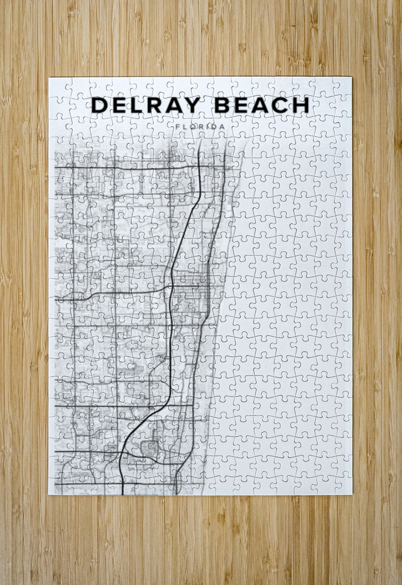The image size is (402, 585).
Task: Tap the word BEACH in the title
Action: pyautogui.click(x=262, y=105)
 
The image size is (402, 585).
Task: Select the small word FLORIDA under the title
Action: pyautogui.click(x=200, y=126)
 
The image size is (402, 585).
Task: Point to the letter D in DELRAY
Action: pyautogui.click(x=100, y=105)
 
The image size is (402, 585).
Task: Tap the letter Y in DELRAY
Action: pyautogui.click(x=192, y=105)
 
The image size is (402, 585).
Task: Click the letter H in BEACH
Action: pyautogui.click(x=301, y=105)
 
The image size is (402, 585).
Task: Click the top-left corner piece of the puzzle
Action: pyautogui.click(x=58, y=86)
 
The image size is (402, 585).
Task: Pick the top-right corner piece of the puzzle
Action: pyautogui.click(x=342, y=86)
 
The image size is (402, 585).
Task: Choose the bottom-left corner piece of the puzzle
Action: pyautogui.click(x=58, y=485)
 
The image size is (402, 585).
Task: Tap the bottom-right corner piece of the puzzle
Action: pyautogui.click(x=342, y=485)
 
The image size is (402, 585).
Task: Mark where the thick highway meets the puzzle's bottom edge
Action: pyautogui.click(x=123, y=494)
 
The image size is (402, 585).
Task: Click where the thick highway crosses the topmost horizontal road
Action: pyautogui.click(x=200, y=167)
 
